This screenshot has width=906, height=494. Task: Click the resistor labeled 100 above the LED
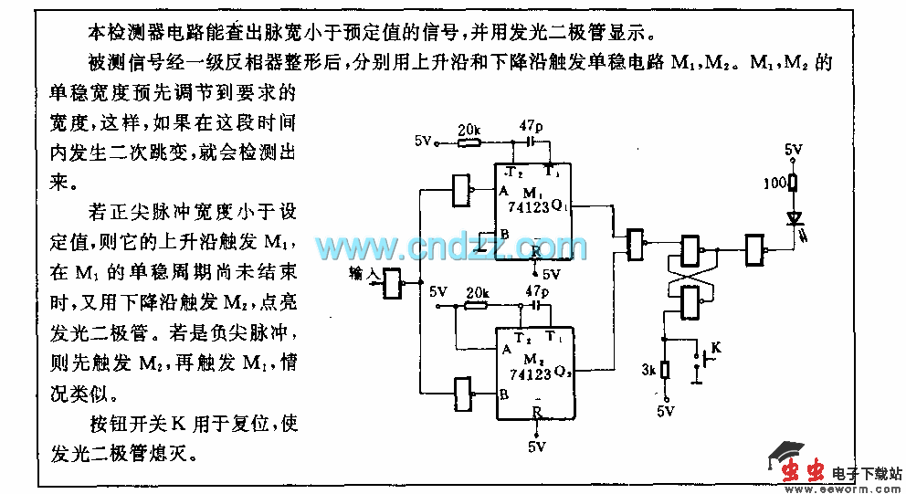794,183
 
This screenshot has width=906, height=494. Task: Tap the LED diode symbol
794,219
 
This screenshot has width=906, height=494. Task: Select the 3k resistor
666,370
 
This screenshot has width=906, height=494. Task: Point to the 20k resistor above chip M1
469,142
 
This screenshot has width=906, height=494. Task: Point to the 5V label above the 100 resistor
794,149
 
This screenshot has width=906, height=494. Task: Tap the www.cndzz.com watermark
451,247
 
